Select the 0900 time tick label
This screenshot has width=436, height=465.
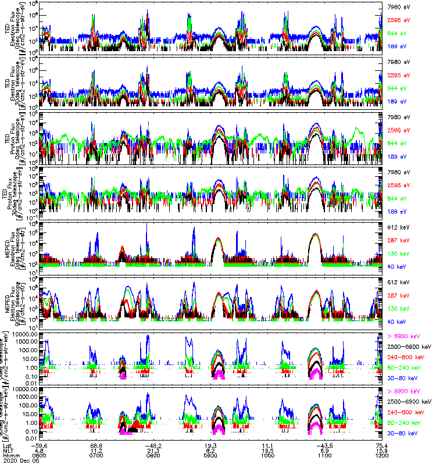[210, 454]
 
